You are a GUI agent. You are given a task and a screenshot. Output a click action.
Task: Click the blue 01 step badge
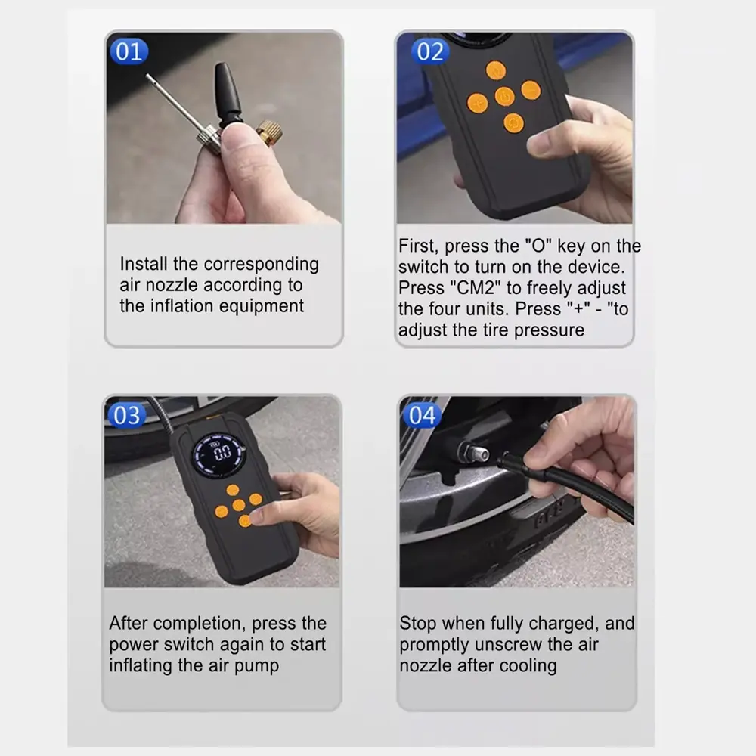point(129,51)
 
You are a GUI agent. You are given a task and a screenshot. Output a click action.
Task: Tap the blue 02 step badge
point(430,51)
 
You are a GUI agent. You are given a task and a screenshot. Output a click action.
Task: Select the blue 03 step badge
point(127,415)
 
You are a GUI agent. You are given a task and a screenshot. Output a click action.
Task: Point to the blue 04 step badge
point(423,415)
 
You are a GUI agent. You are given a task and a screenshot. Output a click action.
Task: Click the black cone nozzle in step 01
point(227,94)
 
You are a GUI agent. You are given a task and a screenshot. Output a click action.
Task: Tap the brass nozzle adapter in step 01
point(269,132)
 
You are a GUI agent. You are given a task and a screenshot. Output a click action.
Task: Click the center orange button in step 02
point(504,97)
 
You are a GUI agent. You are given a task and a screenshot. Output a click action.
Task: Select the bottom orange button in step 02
point(513,123)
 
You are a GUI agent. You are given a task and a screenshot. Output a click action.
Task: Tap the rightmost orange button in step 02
point(531,90)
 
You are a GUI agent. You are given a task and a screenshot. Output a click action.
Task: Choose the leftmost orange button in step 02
point(477,103)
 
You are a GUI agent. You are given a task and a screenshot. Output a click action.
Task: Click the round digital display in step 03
point(219,453)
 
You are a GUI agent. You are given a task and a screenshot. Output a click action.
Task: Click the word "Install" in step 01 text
point(144,264)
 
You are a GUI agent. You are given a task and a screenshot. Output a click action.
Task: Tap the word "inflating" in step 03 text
point(141,665)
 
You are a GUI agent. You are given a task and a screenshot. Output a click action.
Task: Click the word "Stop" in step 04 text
point(418,624)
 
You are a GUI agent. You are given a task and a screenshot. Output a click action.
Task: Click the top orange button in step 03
point(233,491)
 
